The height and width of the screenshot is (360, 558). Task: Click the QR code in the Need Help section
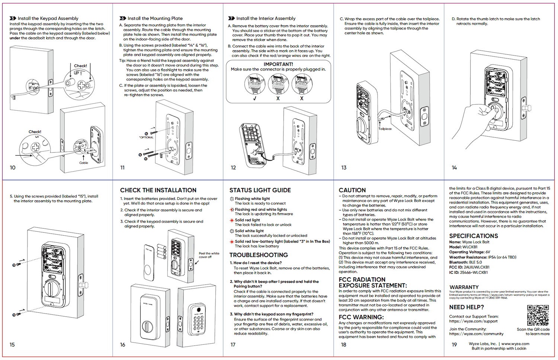[x=538, y=315]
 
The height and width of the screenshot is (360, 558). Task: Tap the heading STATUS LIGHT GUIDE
[x=260, y=190]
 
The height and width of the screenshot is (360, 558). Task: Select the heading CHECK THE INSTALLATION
[x=158, y=190]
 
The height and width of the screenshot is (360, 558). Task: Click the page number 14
[x=454, y=168]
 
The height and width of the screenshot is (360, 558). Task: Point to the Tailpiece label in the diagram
[x=385, y=129]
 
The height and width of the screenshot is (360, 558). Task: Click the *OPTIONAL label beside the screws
[x=146, y=137]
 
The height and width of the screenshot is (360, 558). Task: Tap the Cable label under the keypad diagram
[x=84, y=163]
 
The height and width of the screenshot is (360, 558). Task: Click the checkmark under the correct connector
[x=255, y=99]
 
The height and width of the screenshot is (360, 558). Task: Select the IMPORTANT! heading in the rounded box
[x=278, y=64]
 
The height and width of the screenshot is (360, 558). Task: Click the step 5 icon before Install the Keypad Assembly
[x=13, y=18]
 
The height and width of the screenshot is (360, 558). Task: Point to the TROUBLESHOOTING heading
[x=259, y=255]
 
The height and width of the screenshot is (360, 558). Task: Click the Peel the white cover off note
[x=209, y=255]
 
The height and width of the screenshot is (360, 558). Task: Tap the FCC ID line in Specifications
[x=469, y=267]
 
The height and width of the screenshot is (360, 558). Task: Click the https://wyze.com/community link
[x=476, y=334]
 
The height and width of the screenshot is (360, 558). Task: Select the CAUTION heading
[x=352, y=190]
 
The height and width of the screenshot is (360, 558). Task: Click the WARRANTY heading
[x=464, y=287]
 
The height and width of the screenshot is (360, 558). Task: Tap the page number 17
[x=233, y=345]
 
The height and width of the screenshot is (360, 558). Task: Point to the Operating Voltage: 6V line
[x=469, y=252]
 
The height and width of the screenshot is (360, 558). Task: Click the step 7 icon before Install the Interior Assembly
[x=231, y=18]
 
